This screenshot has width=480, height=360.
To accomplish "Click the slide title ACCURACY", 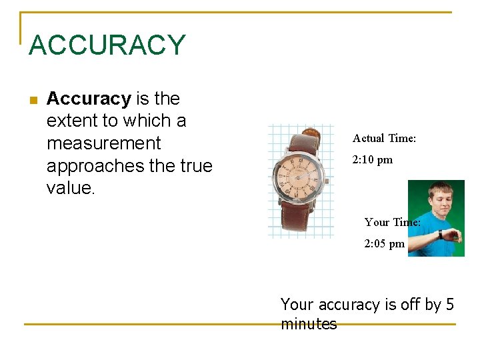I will click(107, 45).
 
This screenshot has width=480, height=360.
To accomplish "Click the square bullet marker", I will click(33, 100).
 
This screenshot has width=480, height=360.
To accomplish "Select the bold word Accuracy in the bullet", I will click(89, 99).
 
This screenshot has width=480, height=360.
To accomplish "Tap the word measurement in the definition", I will click(103, 143).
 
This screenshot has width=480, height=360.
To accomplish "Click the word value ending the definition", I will click(69, 188).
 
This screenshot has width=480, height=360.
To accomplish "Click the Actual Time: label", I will click(384, 139).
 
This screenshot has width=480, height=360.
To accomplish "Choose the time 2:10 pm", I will click(372, 160).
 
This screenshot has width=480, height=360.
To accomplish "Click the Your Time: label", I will click(392, 223).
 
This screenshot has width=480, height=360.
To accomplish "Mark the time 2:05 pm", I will click(384, 244).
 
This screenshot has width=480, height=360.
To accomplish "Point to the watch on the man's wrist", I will click(441, 235).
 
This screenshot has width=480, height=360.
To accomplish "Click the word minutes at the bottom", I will click(309, 325).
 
